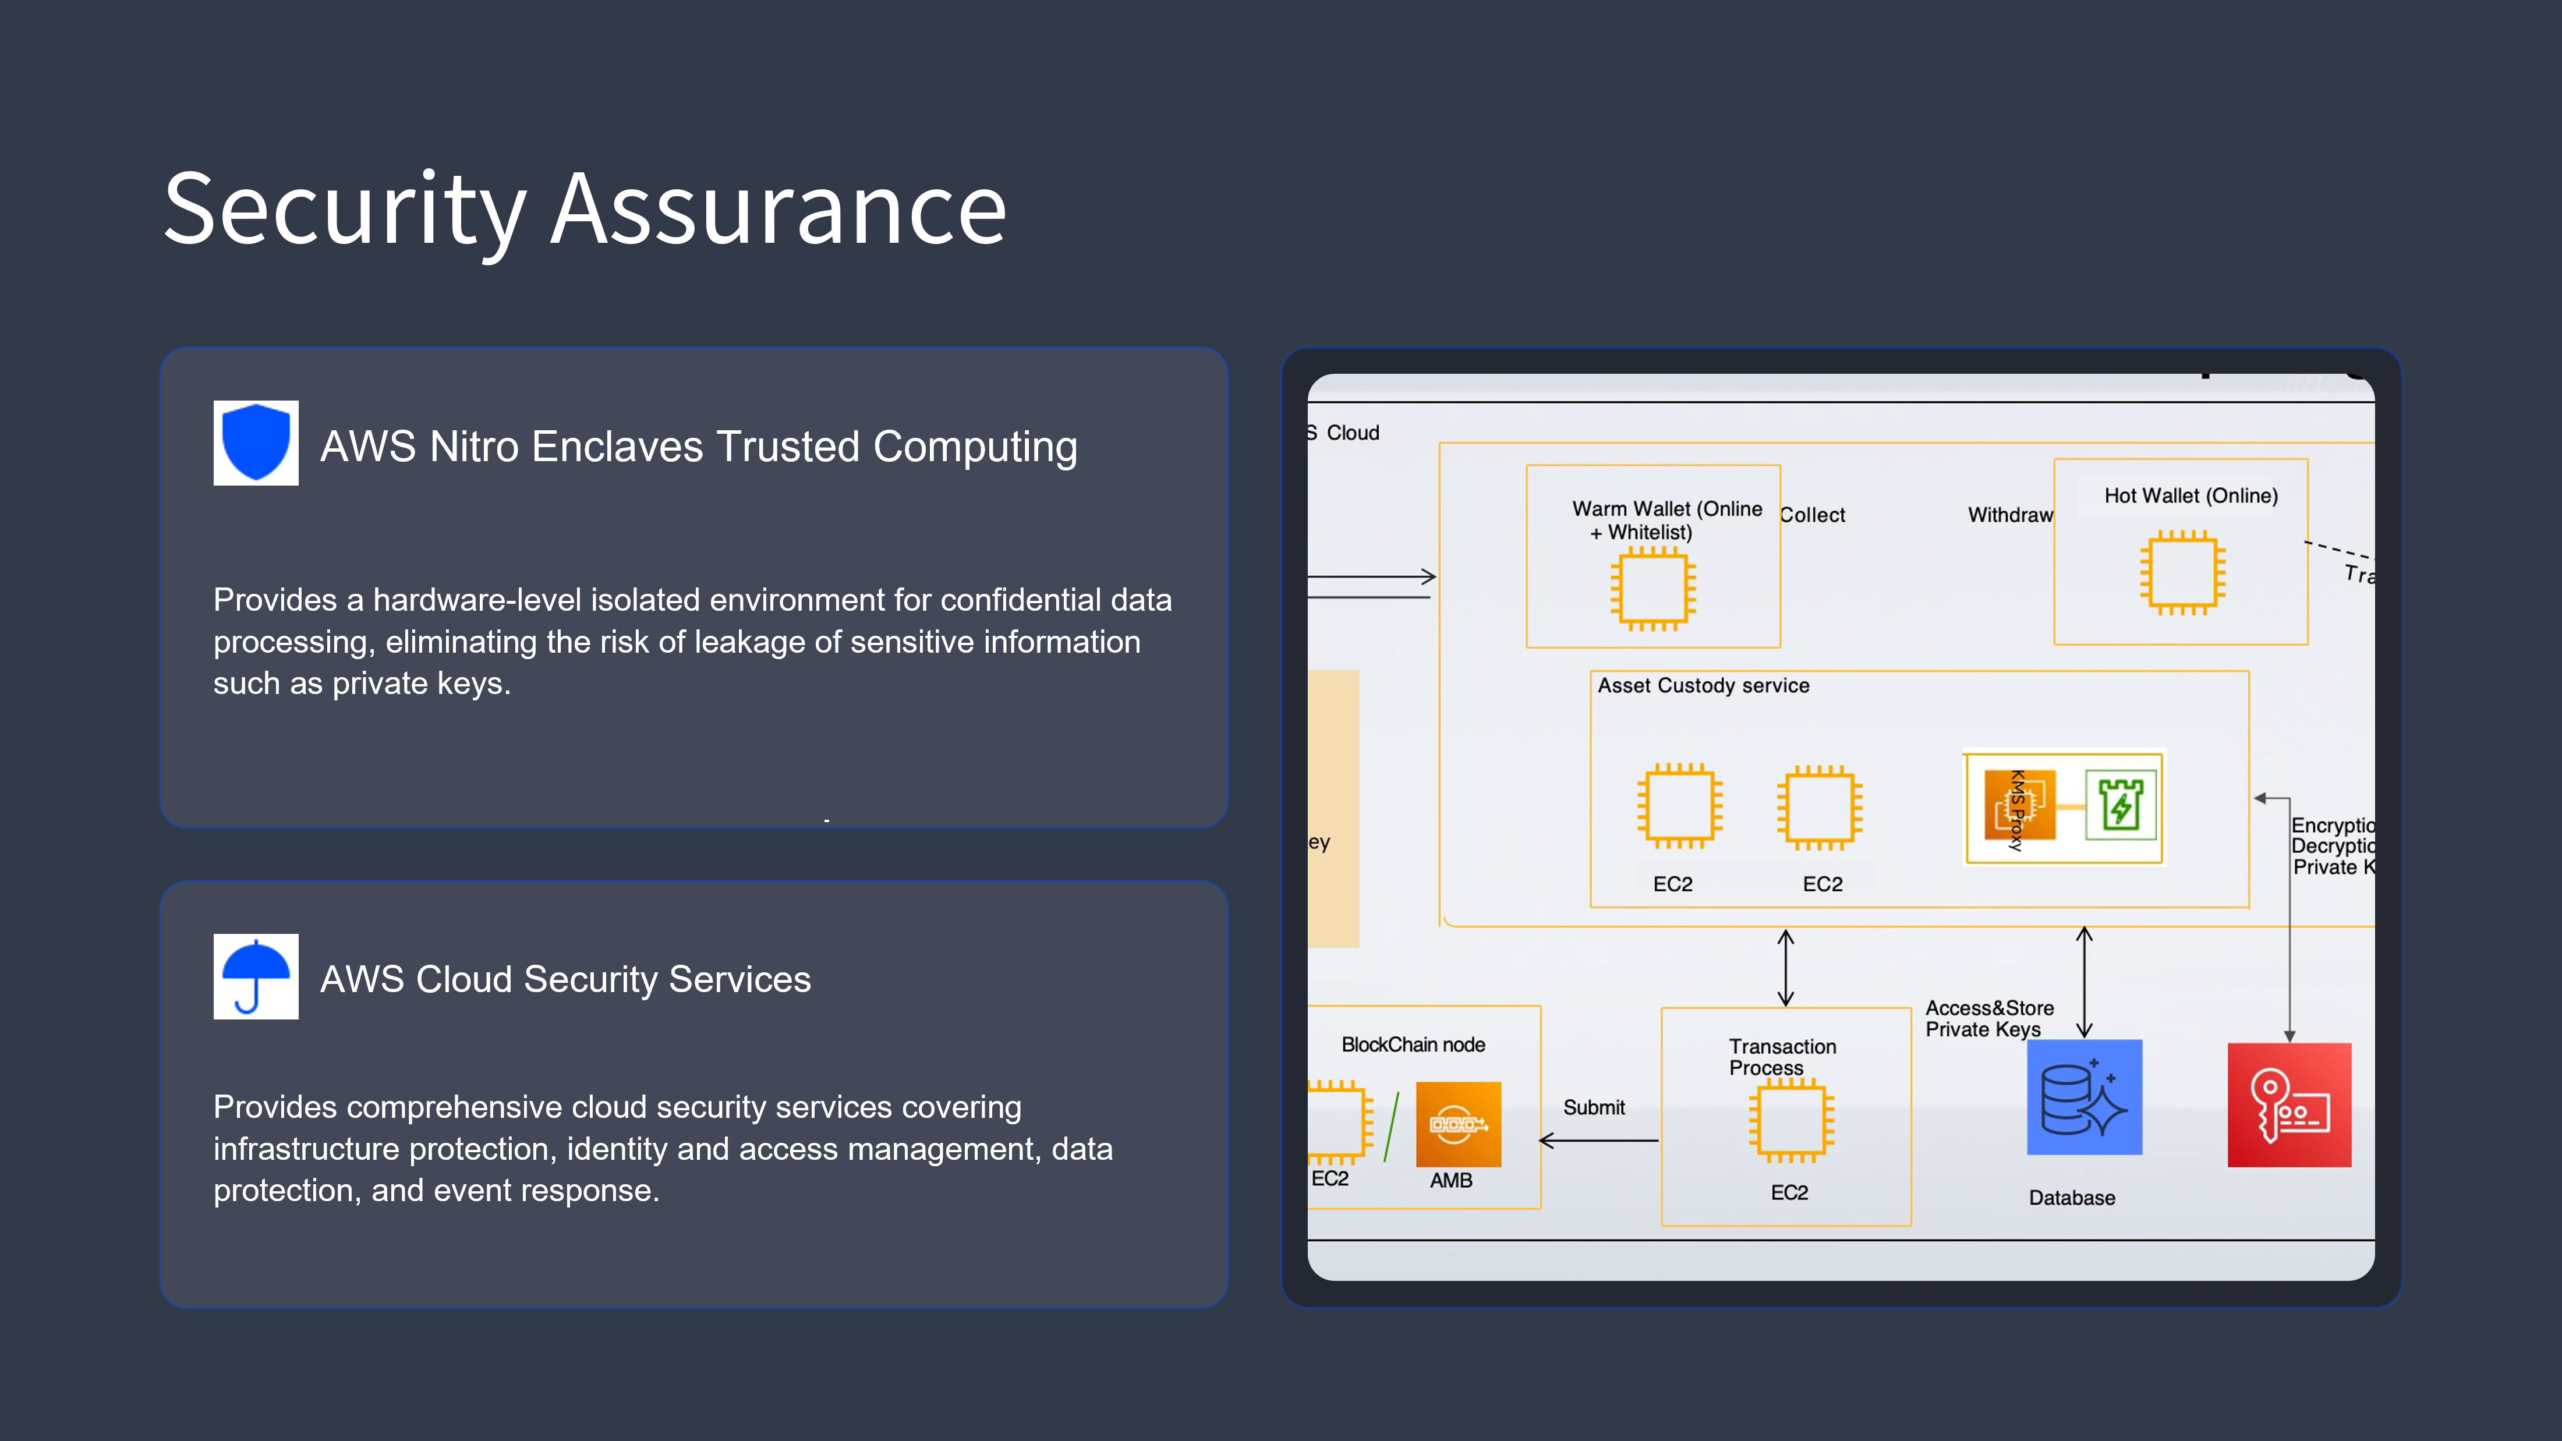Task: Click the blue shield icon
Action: coord(256,442)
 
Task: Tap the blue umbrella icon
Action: coord(256,976)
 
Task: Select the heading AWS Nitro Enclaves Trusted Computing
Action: coord(698,447)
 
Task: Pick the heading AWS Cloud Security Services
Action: coord(565,979)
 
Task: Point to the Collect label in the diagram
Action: coord(1812,515)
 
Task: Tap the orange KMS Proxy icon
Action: coord(2019,806)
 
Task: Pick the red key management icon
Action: coord(2288,1105)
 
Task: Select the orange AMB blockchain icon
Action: coord(1458,1124)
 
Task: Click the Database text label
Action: coord(2072,1198)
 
